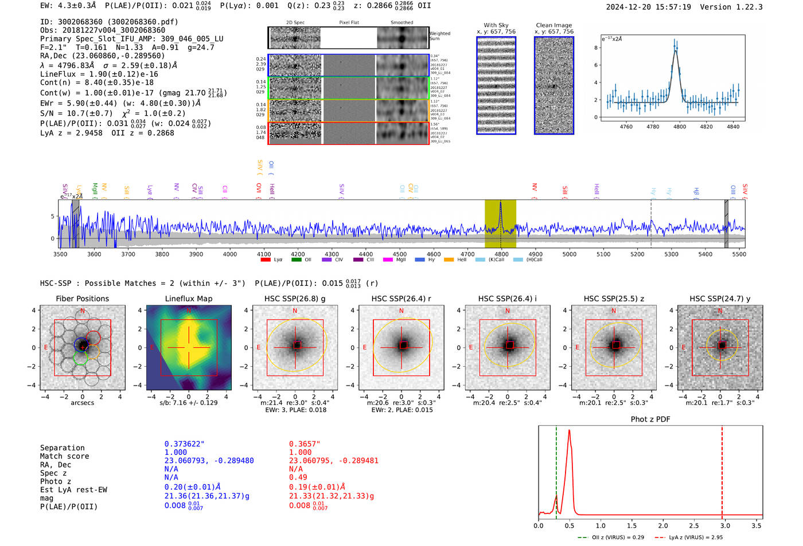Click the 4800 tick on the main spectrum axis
[x=501, y=254]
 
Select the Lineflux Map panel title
[x=188, y=298]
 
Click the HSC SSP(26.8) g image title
[x=295, y=298]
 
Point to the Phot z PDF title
[x=650, y=419]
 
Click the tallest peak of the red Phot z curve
[x=569, y=430]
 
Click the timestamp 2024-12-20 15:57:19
[x=648, y=7]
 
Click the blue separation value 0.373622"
[x=184, y=444]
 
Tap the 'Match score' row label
[x=64, y=456]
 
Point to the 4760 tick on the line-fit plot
[x=626, y=127]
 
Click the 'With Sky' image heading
[x=496, y=25]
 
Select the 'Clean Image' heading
[x=553, y=25]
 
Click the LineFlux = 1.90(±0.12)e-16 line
[x=99, y=74]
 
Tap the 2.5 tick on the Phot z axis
[x=694, y=525]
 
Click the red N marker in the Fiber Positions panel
[x=83, y=311]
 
